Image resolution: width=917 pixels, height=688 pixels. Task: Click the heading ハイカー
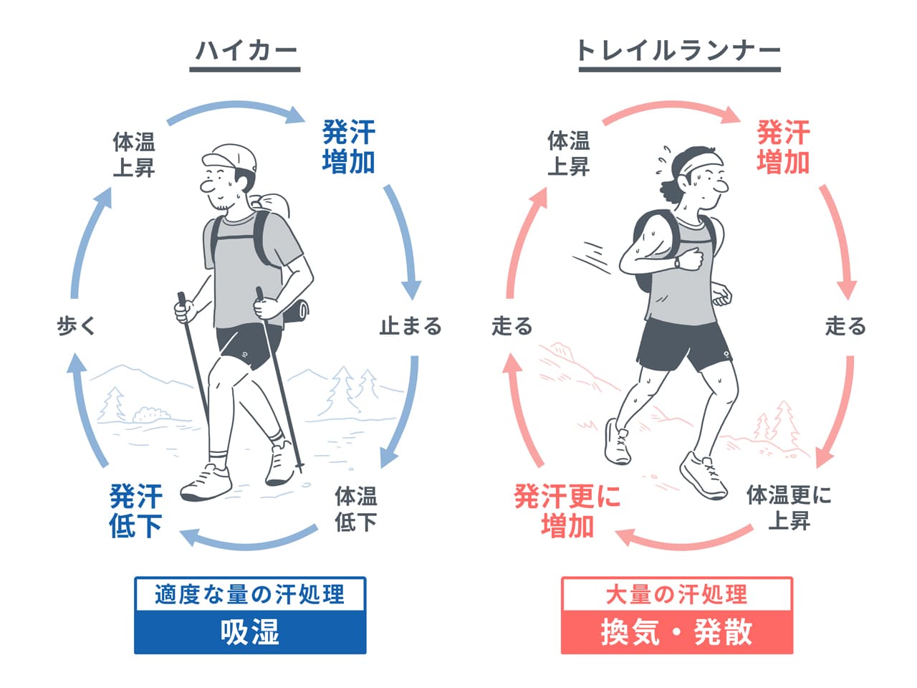pyautogui.click(x=246, y=51)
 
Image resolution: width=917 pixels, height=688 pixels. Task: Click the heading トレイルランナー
pyautogui.click(x=679, y=51)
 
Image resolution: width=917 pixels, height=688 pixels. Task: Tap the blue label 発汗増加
pyautogui.click(x=349, y=147)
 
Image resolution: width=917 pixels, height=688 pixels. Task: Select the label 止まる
pyautogui.click(x=411, y=326)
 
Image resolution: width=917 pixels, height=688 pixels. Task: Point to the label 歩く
pyautogui.click(x=77, y=326)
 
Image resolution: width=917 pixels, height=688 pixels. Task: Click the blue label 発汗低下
pyautogui.click(x=135, y=510)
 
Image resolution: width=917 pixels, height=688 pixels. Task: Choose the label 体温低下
pyautogui.click(x=356, y=508)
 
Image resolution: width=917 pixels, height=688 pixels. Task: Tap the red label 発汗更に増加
pyautogui.click(x=567, y=510)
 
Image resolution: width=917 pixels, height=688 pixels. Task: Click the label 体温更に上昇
pyautogui.click(x=789, y=507)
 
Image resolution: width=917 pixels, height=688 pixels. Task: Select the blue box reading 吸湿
pyautogui.click(x=250, y=631)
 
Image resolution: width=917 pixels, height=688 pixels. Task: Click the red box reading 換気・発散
pyautogui.click(x=677, y=631)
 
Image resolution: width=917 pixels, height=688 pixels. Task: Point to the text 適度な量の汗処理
pyautogui.click(x=250, y=594)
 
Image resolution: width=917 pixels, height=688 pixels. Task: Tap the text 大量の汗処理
pyautogui.click(x=676, y=594)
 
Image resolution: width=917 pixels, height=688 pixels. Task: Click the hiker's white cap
pyautogui.click(x=229, y=157)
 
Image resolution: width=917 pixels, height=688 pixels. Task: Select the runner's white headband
pyautogui.click(x=698, y=162)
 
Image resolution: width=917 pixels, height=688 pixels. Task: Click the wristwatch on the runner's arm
pyautogui.click(x=677, y=263)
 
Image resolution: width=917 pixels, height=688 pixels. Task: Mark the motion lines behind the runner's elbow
pyautogui.click(x=591, y=257)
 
